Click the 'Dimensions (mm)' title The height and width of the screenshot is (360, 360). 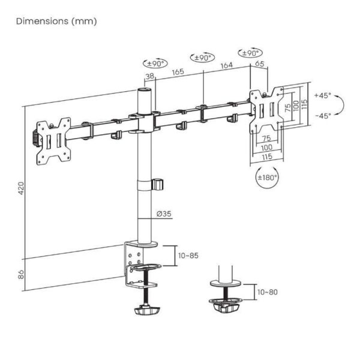pyautogui.click(x=56, y=21)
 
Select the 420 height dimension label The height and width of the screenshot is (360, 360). pyautogui.click(x=21, y=188)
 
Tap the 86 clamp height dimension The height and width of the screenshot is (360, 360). pyautogui.click(x=21, y=275)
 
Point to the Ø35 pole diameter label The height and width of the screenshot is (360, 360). pyautogui.click(x=164, y=214)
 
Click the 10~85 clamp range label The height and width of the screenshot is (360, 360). pyautogui.click(x=188, y=256)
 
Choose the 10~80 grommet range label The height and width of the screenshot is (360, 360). pyautogui.click(x=268, y=292)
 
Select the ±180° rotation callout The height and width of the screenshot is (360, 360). pyautogui.click(x=267, y=178)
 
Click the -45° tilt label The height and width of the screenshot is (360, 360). pyautogui.click(x=323, y=116)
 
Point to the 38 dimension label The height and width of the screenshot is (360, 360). pyautogui.click(x=150, y=76)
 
